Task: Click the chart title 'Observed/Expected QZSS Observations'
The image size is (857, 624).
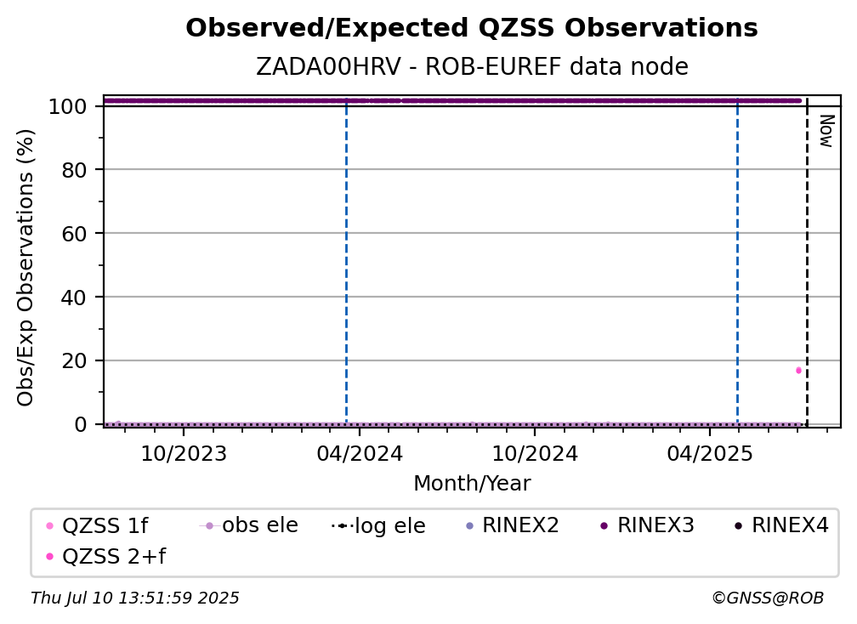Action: [x=472, y=28]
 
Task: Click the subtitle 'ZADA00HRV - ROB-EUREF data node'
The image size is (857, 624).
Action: [x=472, y=66]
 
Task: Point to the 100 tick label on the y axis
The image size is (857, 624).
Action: [x=68, y=106]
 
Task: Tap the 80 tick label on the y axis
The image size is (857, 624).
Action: [x=74, y=170]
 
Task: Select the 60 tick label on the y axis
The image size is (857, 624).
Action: [x=74, y=234]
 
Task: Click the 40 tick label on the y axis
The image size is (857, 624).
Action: [x=74, y=298]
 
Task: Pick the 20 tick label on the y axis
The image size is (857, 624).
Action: [x=74, y=361]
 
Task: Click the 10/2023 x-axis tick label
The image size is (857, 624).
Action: [x=184, y=453]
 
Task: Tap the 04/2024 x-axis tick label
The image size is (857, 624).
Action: [x=359, y=453]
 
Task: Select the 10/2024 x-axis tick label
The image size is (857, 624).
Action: [x=535, y=453]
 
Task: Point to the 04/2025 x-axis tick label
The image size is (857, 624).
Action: [x=709, y=453]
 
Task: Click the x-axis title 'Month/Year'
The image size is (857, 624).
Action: [x=472, y=484]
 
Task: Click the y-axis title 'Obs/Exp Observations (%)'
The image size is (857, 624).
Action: [x=26, y=267]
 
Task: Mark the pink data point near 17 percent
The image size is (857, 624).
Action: [x=798, y=371]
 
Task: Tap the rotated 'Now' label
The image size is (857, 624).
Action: [x=826, y=131]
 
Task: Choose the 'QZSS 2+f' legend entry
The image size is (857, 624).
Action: [x=106, y=556]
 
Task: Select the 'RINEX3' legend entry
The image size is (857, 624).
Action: [x=647, y=525]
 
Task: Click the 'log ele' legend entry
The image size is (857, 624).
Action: [x=379, y=525]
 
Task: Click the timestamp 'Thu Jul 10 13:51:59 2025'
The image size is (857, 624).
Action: [x=135, y=598]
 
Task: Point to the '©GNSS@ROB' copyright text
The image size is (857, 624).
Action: [x=768, y=598]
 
